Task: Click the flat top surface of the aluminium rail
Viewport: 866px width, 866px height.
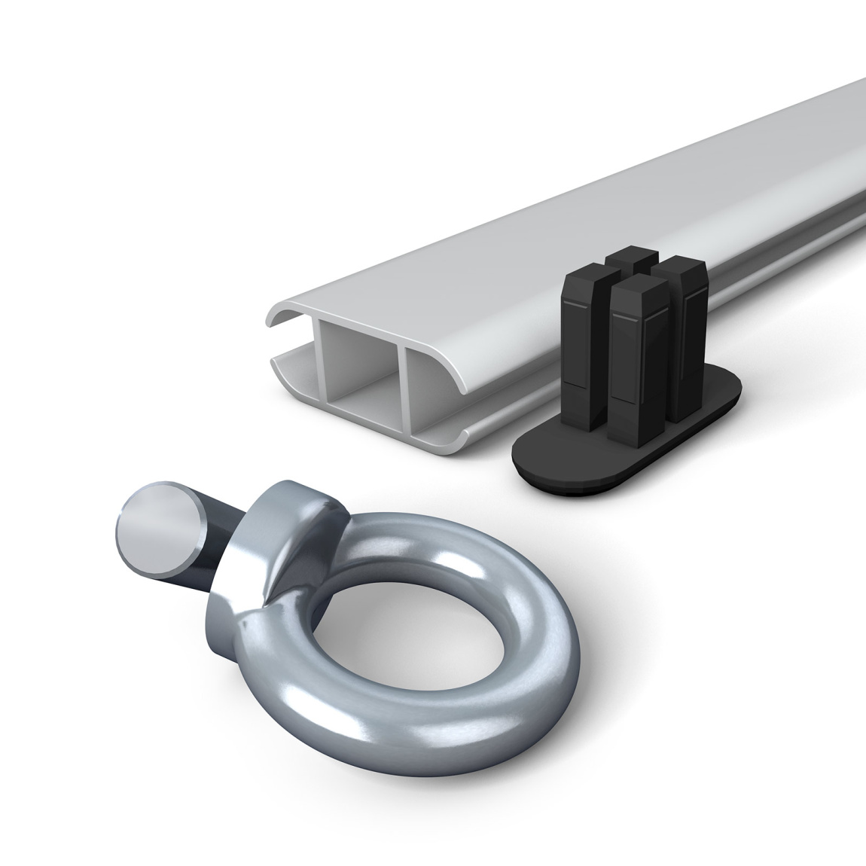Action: (565, 218)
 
